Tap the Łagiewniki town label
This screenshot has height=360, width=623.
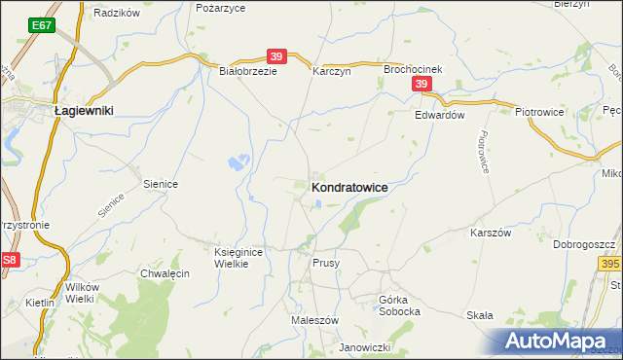(84, 111)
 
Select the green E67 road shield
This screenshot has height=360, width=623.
(42, 24)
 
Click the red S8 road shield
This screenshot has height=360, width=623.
(10, 260)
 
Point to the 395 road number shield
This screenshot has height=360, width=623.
(610, 264)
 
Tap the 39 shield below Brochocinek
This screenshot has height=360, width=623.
(421, 86)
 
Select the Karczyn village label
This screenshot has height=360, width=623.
(330, 71)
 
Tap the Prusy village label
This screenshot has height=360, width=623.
(325, 264)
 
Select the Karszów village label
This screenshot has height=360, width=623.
(491, 234)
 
